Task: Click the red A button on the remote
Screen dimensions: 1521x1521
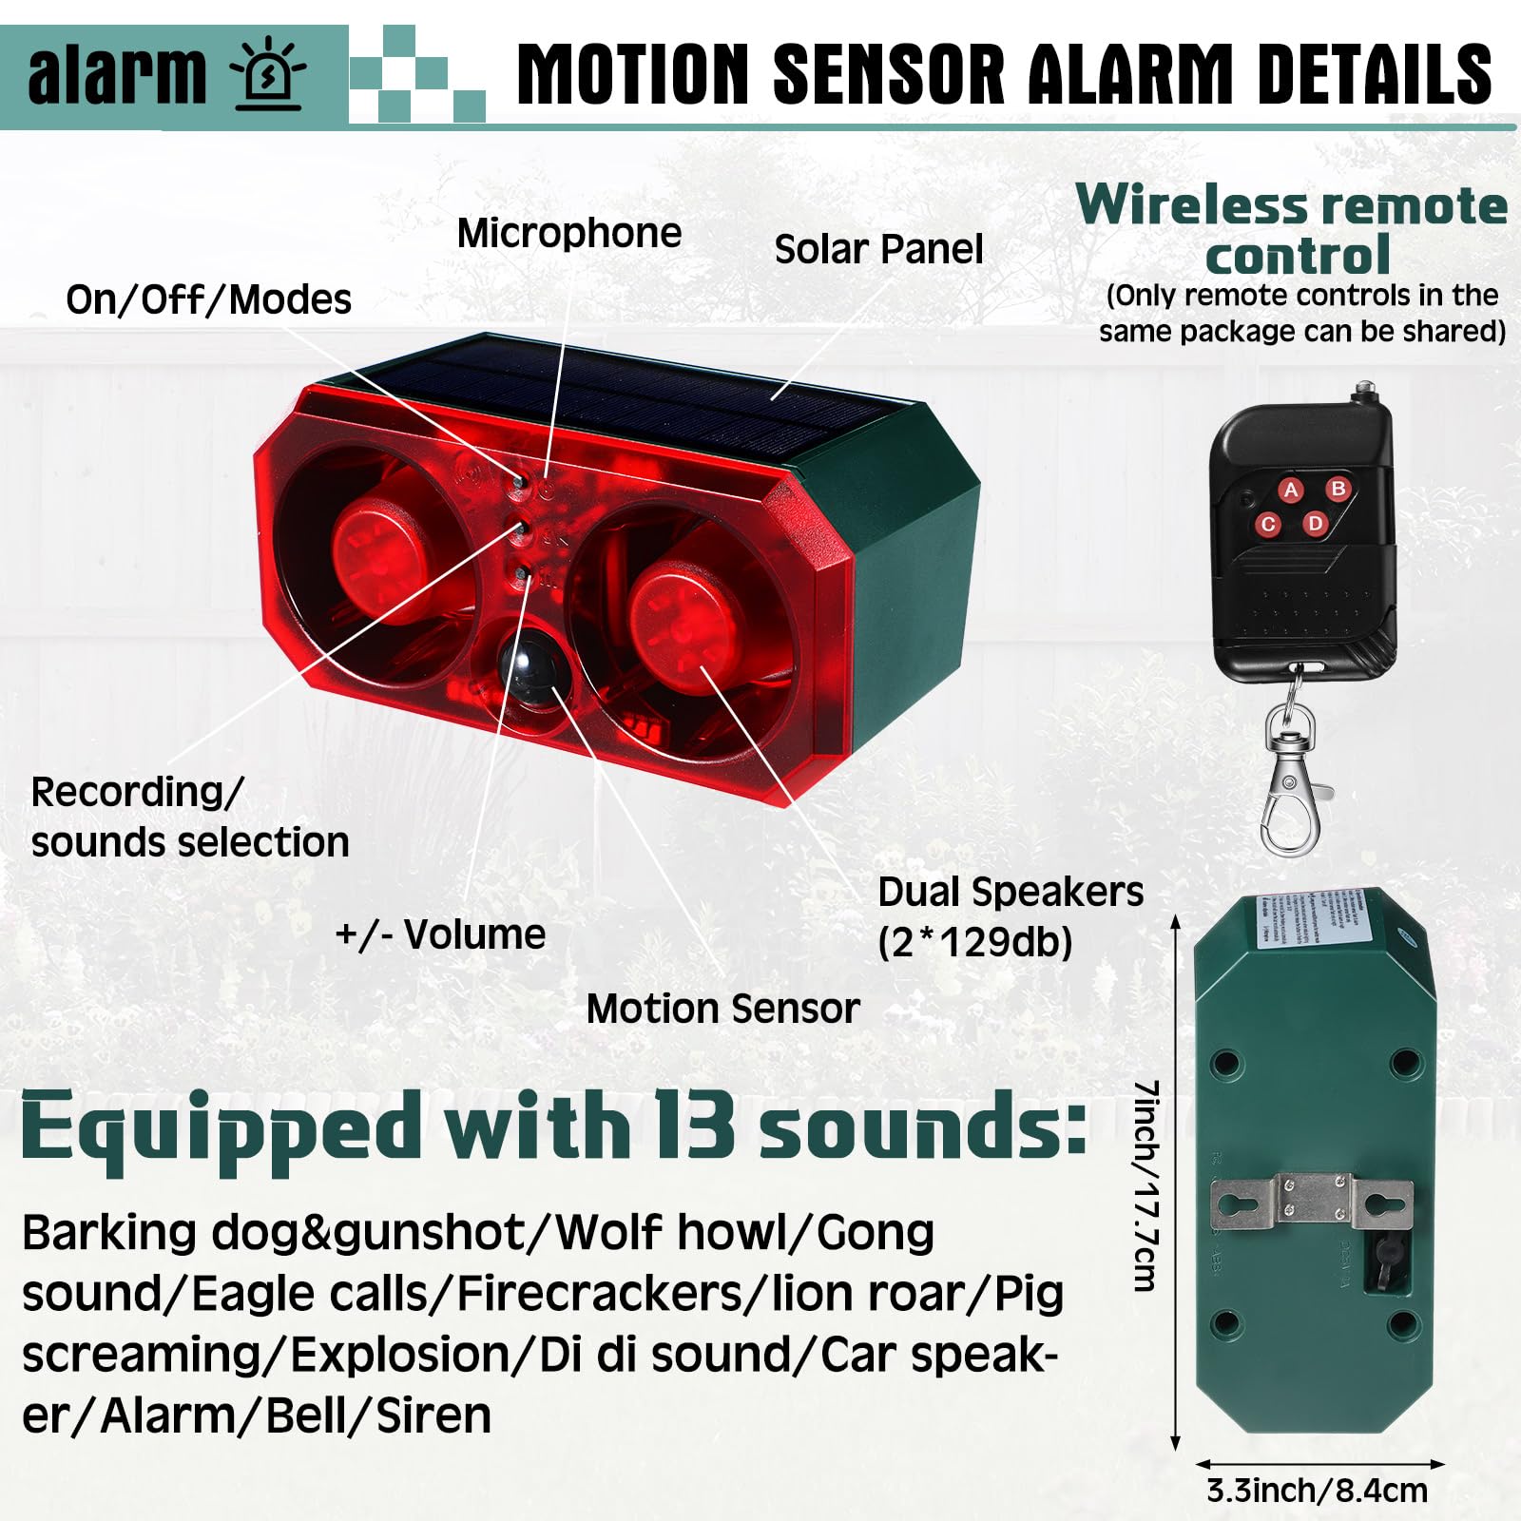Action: coord(1290,491)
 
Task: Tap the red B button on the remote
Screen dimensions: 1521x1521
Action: coord(1338,489)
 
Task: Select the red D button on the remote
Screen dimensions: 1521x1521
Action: coord(1315,523)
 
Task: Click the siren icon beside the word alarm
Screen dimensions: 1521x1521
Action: coord(269,75)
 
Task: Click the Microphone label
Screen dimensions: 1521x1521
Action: coord(568,234)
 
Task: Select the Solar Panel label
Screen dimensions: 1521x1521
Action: coord(878,250)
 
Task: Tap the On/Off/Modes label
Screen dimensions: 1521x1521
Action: coord(208,300)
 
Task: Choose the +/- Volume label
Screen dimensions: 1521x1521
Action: coord(440,934)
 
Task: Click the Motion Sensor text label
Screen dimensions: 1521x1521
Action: coord(722,1009)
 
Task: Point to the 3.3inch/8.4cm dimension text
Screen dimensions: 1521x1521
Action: coord(1317,1491)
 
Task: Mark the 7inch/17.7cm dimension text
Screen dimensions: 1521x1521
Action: coord(1146,1185)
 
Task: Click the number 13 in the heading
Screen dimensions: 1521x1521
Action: coord(693,1127)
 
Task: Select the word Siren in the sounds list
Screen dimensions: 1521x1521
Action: coord(433,1415)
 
